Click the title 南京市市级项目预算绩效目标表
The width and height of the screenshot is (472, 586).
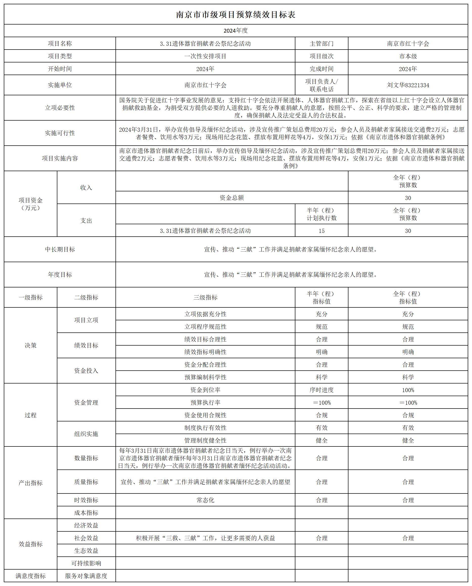(x=235, y=15)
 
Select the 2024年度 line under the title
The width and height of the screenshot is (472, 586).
(x=235, y=31)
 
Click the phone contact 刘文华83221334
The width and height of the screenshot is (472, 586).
(x=408, y=85)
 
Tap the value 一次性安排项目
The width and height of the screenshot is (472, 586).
(x=205, y=56)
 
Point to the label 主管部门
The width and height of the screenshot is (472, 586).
(x=321, y=43)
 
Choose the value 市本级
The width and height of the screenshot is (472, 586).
(x=408, y=56)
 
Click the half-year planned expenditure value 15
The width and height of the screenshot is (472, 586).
(x=321, y=231)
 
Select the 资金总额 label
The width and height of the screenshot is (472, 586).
(x=232, y=198)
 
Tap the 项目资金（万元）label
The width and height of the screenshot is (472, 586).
(x=31, y=204)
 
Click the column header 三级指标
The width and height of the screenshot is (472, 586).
(x=205, y=297)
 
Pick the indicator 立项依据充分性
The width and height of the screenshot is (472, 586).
(x=205, y=314)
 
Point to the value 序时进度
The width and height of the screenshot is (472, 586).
(x=321, y=390)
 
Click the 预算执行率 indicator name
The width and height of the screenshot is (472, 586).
(x=205, y=402)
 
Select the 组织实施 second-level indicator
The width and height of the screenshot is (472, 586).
(x=86, y=434)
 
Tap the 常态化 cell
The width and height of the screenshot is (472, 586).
(x=205, y=500)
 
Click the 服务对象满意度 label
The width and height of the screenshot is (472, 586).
(x=86, y=576)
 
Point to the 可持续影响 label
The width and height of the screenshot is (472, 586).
(x=86, y=563)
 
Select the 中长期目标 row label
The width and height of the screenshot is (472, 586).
(x=60, y=249)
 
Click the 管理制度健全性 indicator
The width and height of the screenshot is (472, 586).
(x=205, y=440)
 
